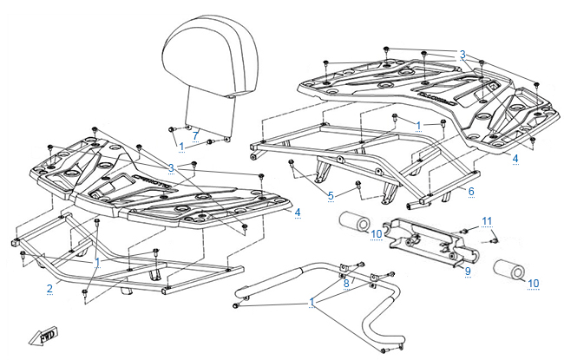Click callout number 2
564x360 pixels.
click(x=49, y=287)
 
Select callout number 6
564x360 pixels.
click(x=471, y=190)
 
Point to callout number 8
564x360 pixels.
click(x=345, y=283)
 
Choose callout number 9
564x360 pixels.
click(x=467, y=272)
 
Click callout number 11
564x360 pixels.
click(x=488, y=220)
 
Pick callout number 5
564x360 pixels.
click(x=330, y=196)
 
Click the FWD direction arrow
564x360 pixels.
click(x=43, y=337)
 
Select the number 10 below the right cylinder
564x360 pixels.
click(x=534, y=284)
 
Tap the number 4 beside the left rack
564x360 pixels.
click(x=298, y=212)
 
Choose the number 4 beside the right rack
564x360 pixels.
click(x=515, y=159)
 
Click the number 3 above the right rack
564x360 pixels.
click(x=462, y=54)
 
